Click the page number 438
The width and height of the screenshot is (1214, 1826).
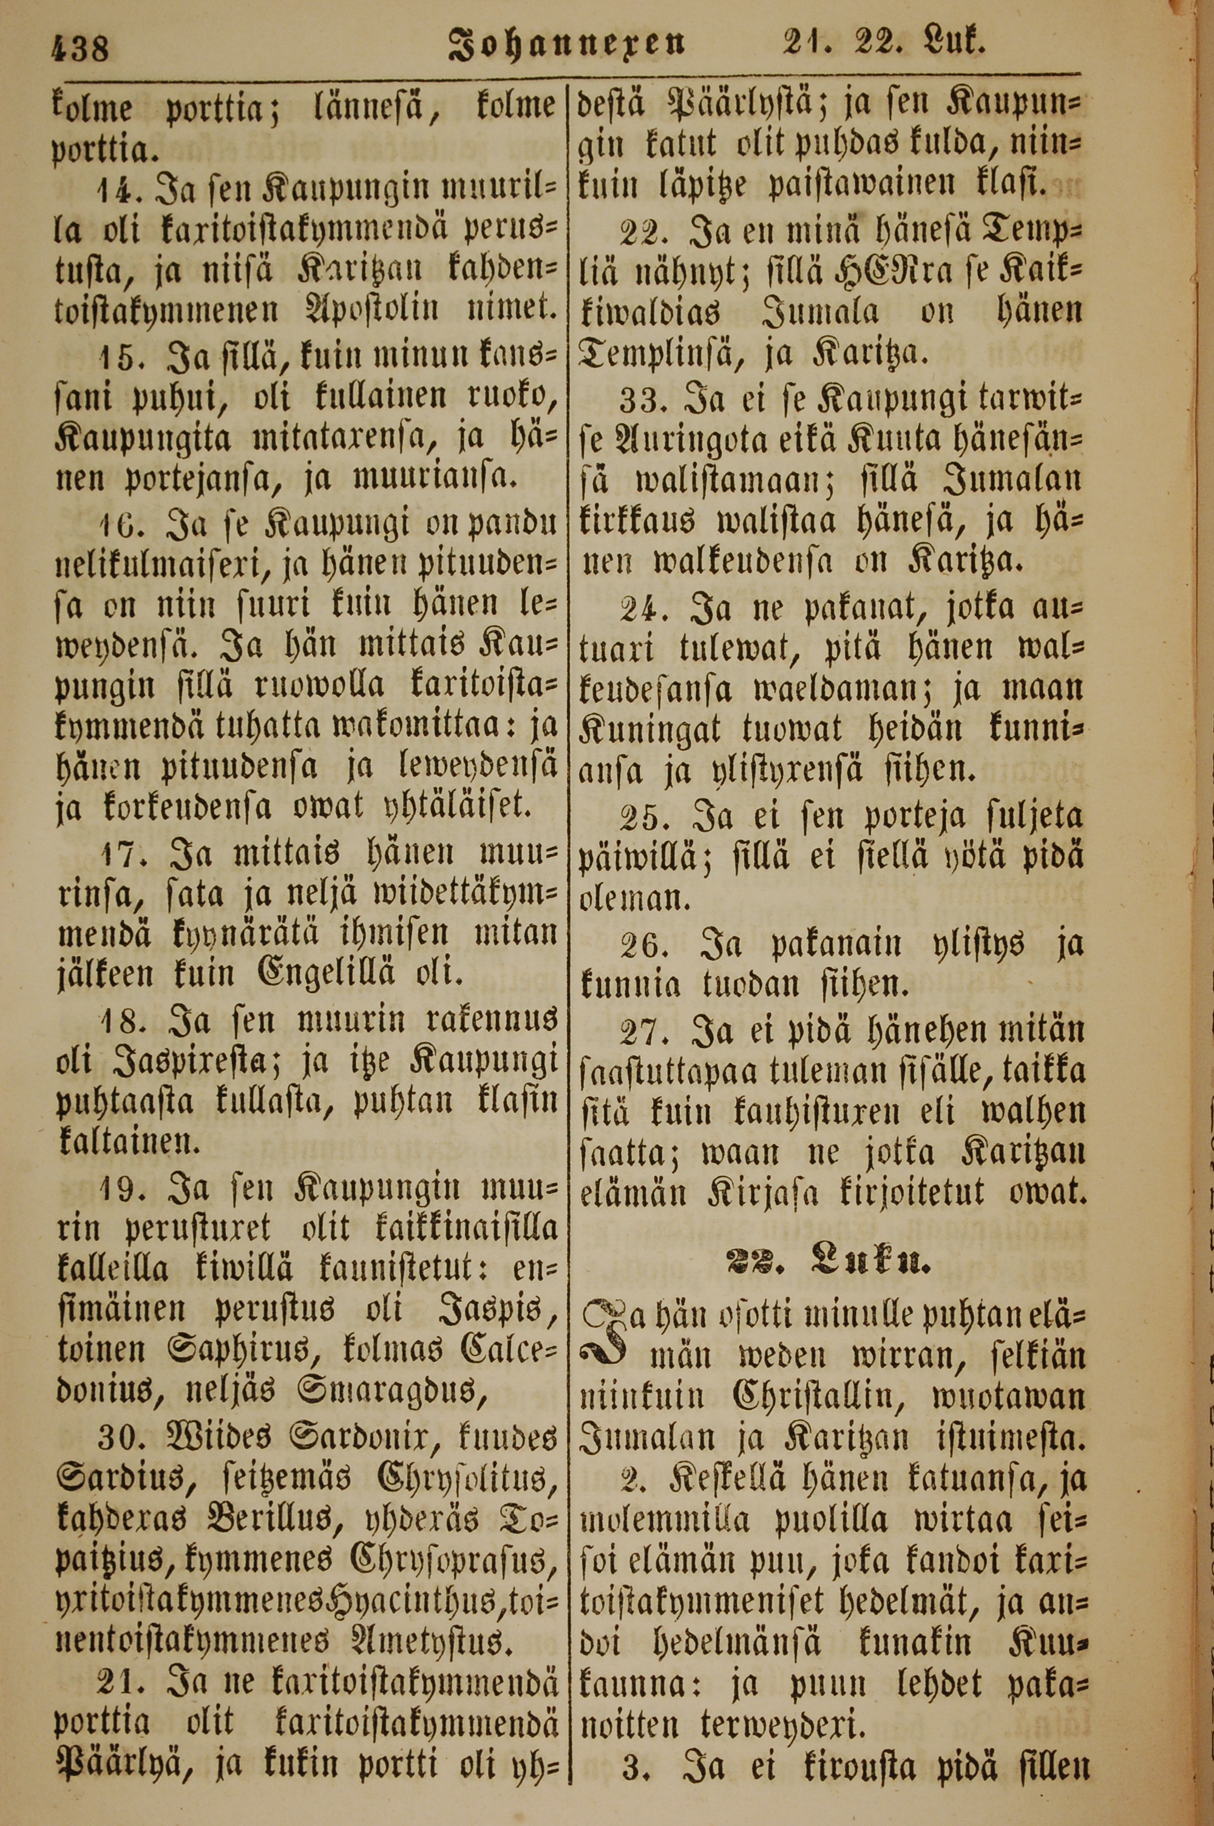click(81, 51)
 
